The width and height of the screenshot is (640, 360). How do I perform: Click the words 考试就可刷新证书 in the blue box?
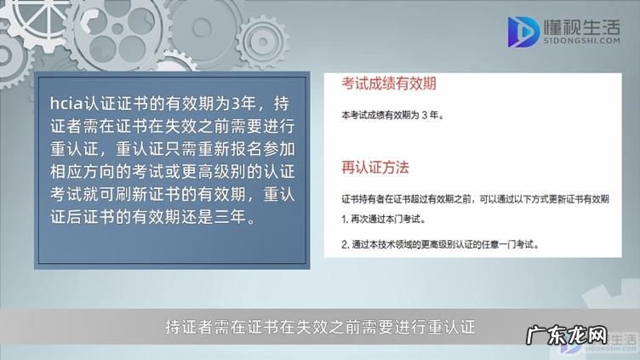click(127, 193)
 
